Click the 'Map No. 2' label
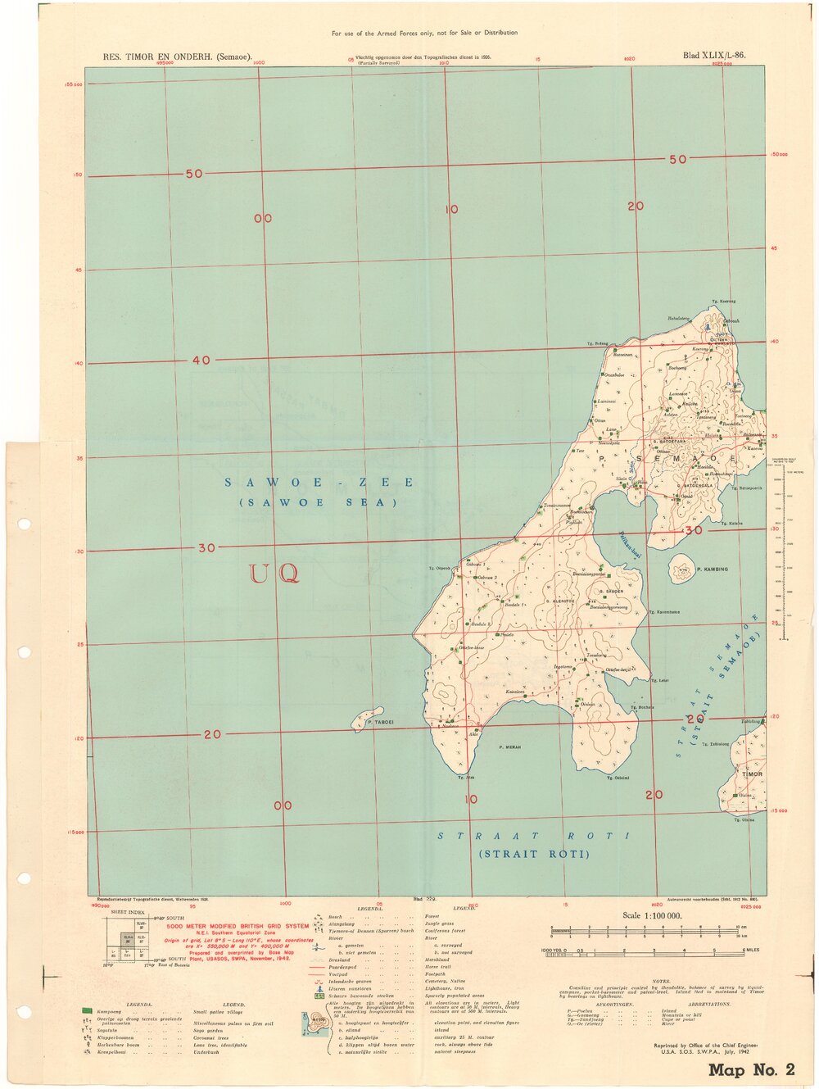tap(751, 1069)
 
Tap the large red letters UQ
tap(274, 573)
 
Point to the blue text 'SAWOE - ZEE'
tap(319, 483)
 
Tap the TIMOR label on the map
tap(752, 774)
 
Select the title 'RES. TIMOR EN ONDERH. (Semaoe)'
tap(176, 57)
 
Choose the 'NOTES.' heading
tap(661, 982)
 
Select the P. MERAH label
tap(509, 747)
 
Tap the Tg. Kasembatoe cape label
tap(664, 612)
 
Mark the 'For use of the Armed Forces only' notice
tap(424, 33)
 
